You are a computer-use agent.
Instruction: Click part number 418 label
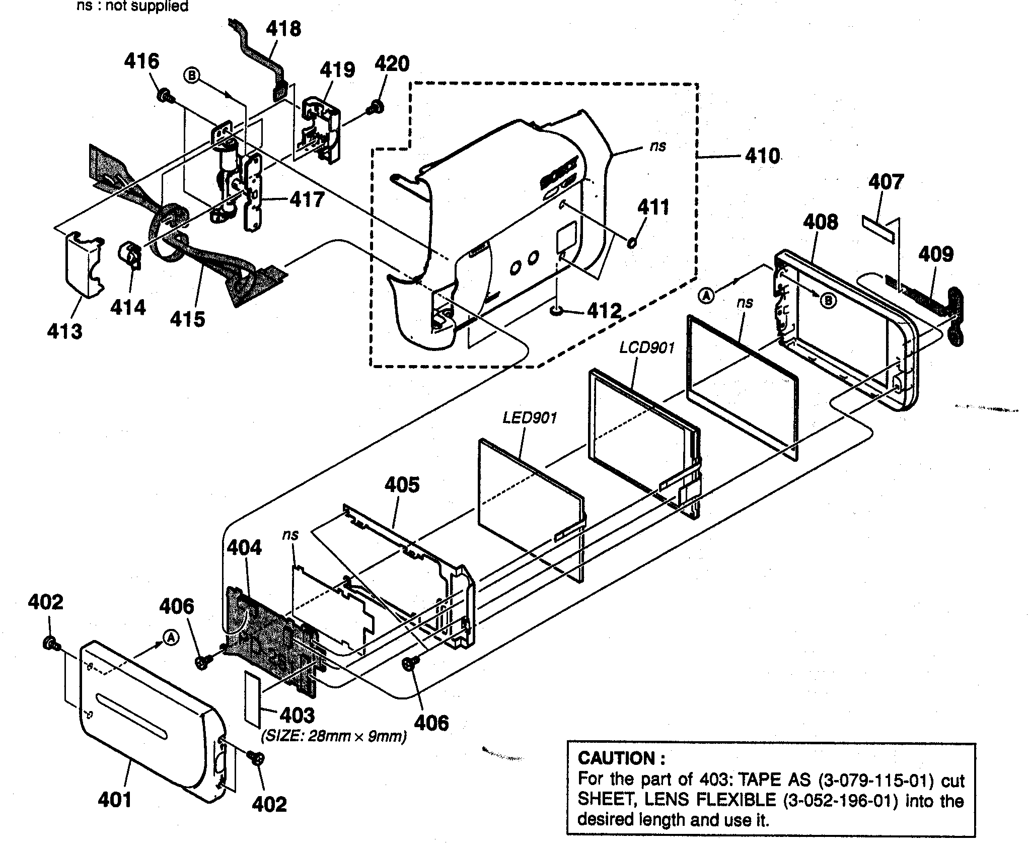283,29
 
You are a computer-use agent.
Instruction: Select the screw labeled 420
376,107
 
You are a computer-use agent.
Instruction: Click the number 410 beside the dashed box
762,156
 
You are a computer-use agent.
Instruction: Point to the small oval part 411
632,243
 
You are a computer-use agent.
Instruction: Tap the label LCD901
646,347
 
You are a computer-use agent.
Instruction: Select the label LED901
530,417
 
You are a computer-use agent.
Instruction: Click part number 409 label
936,254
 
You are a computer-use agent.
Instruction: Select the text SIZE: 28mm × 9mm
333,736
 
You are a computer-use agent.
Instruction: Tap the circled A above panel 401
171,638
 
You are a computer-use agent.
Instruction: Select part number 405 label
402,485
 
